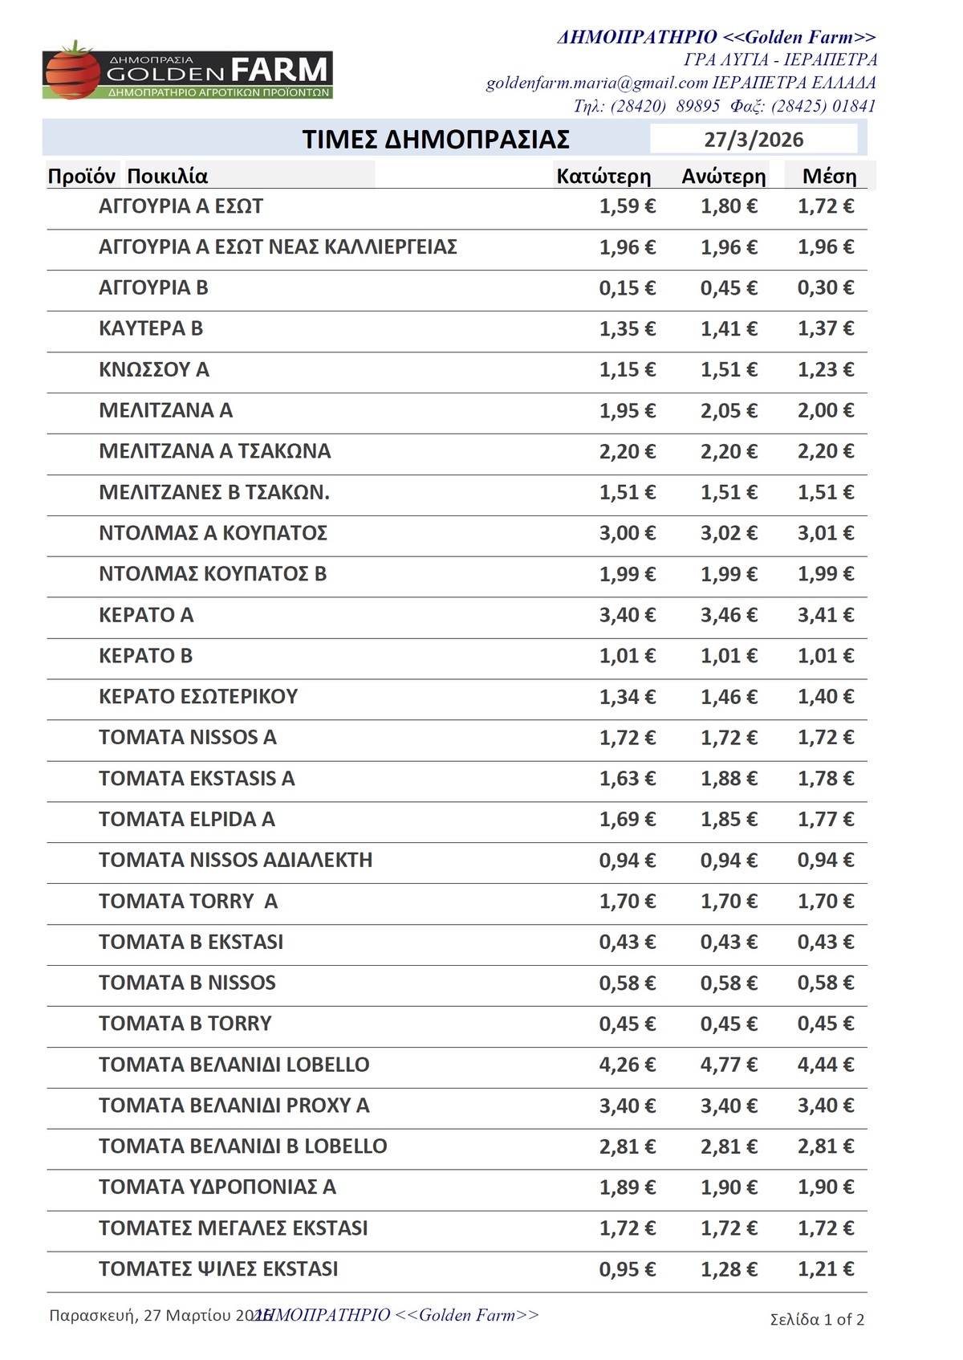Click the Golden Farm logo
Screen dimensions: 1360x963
click(187, 72)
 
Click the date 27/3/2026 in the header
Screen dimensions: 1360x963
click(754, 140)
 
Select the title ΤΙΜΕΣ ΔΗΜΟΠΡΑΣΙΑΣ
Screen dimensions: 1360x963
click(436, 140)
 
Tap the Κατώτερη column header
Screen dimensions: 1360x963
click(603, 177)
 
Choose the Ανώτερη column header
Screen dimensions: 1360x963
click(724, 177)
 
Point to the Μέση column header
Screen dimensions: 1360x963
click(830, 177)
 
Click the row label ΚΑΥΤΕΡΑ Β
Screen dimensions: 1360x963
click(151, 328)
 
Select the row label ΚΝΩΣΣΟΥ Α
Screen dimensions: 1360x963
click(154, 369)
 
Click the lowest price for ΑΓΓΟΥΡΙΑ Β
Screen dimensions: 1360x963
click(627, 287)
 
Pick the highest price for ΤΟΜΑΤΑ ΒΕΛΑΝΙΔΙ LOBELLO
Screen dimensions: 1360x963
click(729, 1065)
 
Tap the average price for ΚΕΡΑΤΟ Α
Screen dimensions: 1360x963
click(826, 615)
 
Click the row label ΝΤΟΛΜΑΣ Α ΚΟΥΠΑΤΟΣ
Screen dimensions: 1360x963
click(213, 533)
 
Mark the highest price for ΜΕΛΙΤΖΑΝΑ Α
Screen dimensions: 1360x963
click(729, 410)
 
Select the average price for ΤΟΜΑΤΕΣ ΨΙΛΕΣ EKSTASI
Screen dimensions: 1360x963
click(826, 1269)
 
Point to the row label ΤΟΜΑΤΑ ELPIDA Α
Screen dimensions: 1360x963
click(187, 819)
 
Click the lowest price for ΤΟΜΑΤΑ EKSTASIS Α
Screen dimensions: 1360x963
click(627, 778)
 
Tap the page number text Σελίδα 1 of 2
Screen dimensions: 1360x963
click(817, 1320)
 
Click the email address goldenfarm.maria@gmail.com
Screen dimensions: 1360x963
click(597, 83)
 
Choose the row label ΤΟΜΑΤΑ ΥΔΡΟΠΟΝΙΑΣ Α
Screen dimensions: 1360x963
click(217, 1187)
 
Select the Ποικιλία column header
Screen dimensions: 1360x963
click(168, 177)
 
